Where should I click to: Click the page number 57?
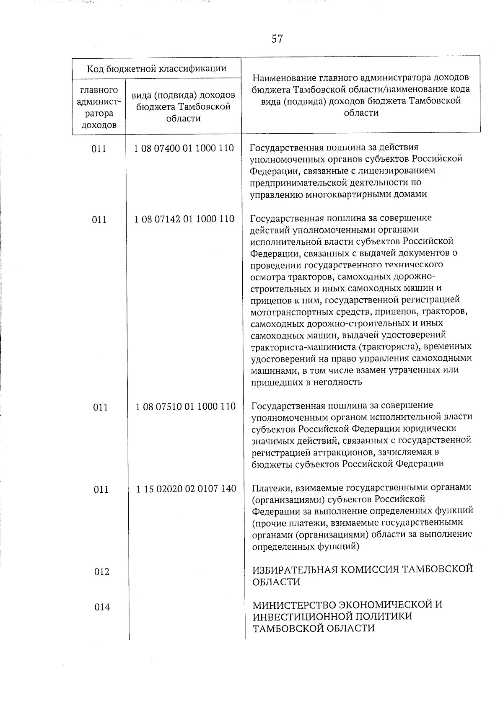277,39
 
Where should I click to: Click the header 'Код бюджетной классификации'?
156,68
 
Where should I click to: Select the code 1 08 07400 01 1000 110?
184,148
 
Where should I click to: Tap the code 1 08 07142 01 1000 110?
184,219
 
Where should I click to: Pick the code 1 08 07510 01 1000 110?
185,406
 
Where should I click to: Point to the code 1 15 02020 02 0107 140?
186,489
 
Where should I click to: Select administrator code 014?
102,607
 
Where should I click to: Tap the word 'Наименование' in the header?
285,78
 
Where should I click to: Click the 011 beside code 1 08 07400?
99,149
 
